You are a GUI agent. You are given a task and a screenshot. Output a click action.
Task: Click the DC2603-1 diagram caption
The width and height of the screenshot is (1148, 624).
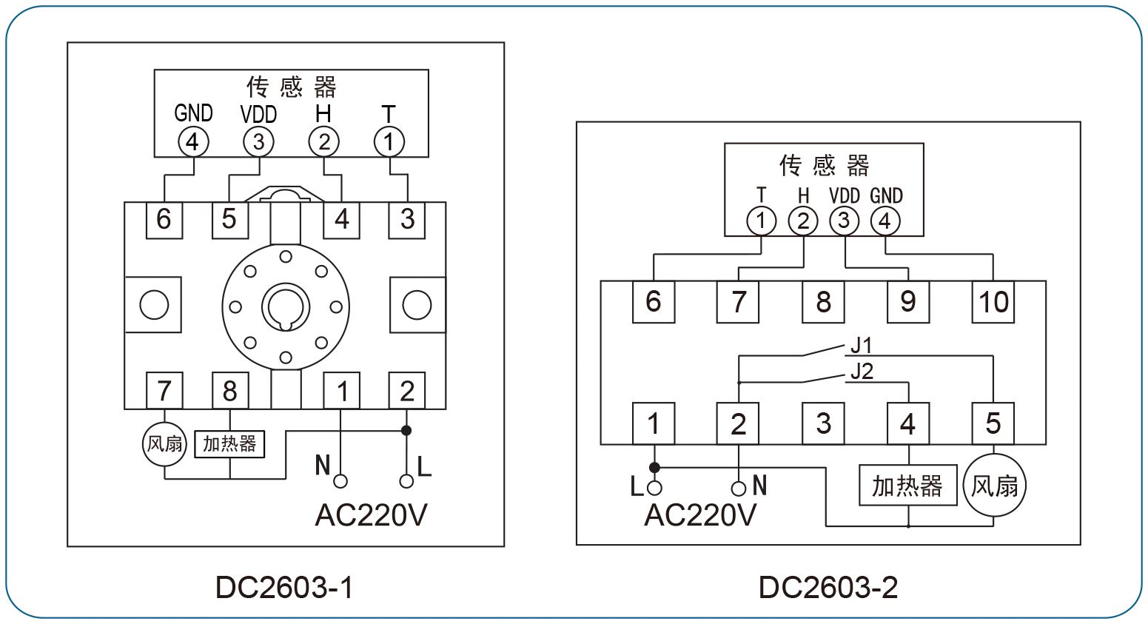284,587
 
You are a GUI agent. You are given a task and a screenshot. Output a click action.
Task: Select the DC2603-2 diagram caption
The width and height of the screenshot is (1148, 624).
828,587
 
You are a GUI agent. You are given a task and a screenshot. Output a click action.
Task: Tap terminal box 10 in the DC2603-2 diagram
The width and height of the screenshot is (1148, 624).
993,302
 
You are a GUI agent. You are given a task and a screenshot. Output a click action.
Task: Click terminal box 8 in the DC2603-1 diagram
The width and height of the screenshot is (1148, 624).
230,391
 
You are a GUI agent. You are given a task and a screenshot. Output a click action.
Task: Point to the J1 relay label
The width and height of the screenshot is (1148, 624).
861,346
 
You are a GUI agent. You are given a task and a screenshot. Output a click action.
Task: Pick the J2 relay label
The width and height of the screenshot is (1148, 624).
862,372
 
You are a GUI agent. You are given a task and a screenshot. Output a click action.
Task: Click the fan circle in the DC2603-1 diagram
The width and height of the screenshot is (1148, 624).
164,444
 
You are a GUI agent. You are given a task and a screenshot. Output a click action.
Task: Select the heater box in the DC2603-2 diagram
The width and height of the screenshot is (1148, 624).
907,486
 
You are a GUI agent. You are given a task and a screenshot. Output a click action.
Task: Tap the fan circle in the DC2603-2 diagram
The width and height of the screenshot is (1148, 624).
994,485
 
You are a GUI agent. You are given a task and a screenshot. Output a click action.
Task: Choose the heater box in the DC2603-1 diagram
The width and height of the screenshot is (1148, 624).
229,444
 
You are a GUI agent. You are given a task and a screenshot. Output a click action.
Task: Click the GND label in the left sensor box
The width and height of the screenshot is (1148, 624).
193,113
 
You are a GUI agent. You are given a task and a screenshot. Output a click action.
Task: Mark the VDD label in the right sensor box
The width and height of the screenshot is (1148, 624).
844,196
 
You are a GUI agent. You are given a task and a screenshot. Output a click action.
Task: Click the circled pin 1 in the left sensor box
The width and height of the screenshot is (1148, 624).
389,142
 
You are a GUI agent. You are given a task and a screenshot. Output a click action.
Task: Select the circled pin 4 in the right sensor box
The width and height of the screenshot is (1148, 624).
885,221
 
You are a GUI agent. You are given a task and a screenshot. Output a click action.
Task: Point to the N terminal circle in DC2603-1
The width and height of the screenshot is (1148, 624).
340,481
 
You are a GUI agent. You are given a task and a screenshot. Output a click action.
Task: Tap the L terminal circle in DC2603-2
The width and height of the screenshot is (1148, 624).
654,488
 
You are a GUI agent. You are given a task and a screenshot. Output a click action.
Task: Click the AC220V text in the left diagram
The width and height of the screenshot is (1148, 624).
371,515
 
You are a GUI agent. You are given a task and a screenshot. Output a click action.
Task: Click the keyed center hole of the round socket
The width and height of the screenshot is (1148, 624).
286,308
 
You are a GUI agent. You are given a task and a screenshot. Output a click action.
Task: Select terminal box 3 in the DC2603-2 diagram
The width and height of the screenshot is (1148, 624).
823,423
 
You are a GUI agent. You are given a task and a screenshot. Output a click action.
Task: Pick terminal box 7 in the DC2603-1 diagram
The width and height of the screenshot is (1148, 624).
164,391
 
